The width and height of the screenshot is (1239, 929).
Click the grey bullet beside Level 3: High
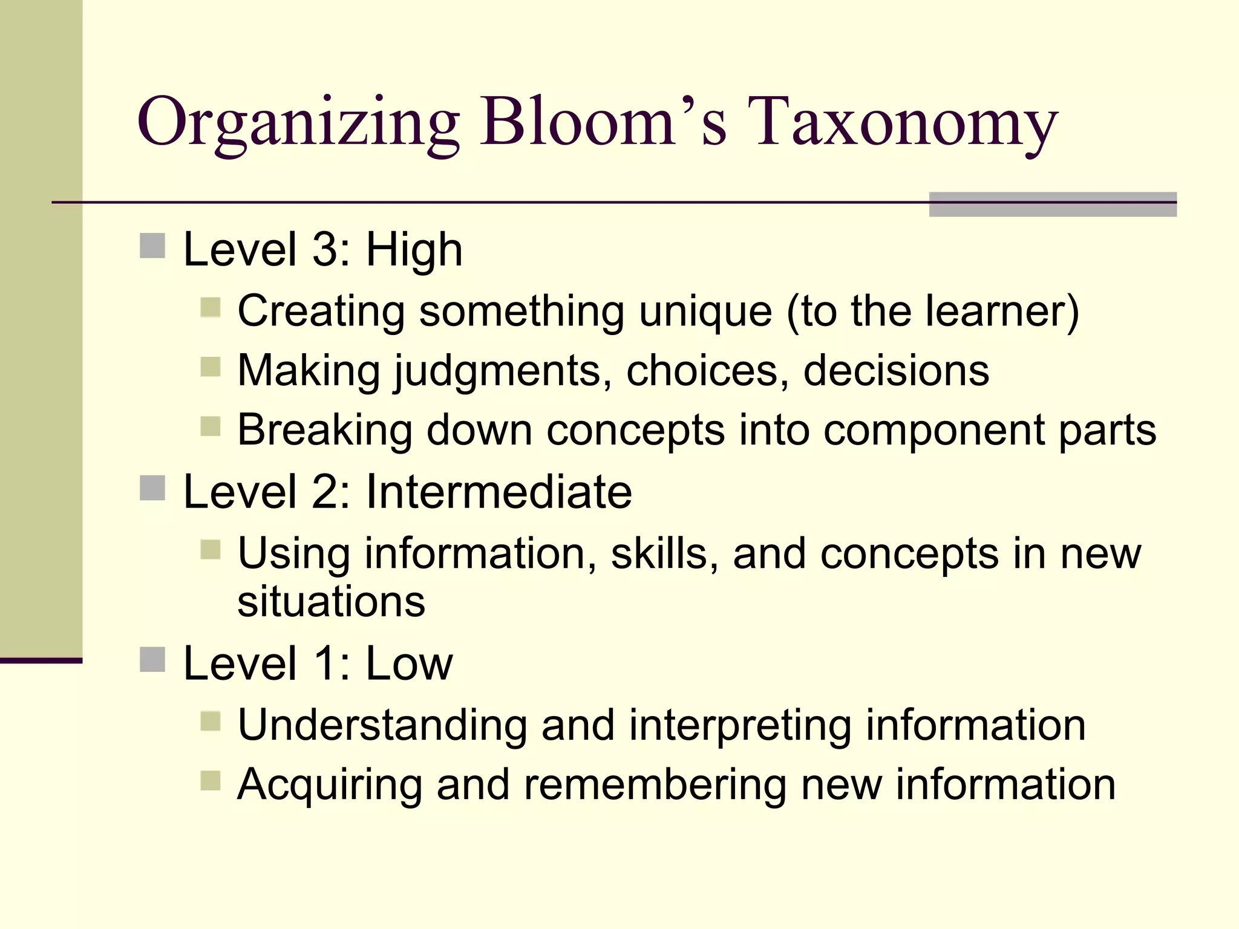pyautogui.click(x=152, y=246)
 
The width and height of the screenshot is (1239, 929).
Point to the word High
pyautogui.click(x=414, y=250)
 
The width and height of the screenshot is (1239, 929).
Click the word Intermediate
pyautogui.click(x=499, y=492)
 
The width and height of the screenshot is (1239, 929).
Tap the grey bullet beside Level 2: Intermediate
pyautogui.click(x=152, y=488)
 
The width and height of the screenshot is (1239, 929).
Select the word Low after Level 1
pyautogui.click(x=409, y=664)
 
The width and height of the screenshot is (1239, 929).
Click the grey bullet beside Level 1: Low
pyautogui.click(x=152, y=660)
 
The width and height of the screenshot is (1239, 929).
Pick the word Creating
pyautogui.click(x=321, y=312)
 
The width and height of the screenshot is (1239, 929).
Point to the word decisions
pyautogui.click(x=896, y=370)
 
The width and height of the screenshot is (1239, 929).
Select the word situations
pyautogui.click(x=332, y=602)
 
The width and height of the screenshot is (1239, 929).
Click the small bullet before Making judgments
pyautogui.click(x=211, y=367)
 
